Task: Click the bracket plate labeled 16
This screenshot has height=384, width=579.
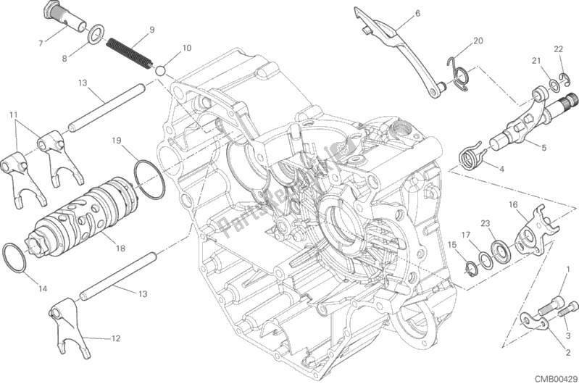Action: pyautogui.click(x=530, y=222)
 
